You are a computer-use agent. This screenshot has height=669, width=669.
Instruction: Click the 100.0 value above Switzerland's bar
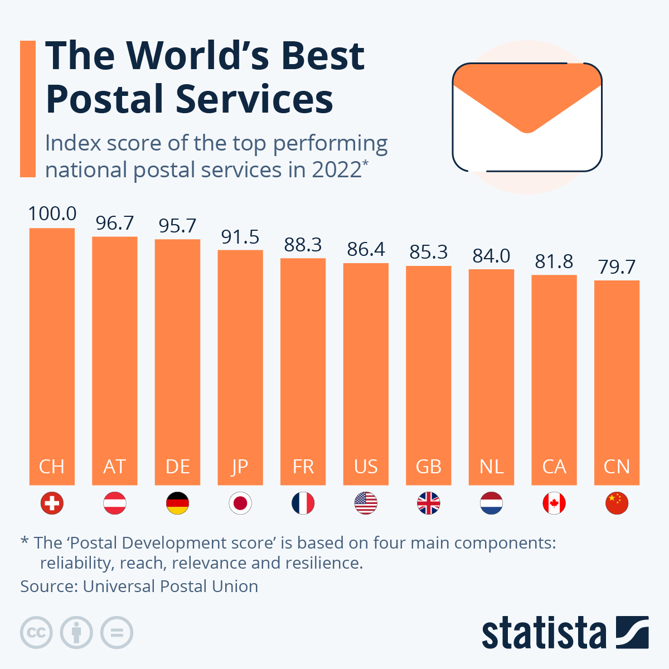[52, 214]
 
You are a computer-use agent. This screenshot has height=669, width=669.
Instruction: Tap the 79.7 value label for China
[617, 267]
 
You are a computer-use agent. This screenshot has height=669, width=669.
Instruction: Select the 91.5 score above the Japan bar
[240, 237]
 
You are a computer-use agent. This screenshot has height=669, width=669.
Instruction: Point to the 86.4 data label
[366, 249]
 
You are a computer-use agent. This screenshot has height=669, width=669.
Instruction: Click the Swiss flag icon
[52, 503]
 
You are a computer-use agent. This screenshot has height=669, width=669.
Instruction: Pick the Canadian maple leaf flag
[554, 503]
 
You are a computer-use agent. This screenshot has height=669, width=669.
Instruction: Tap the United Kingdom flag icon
[429, 503]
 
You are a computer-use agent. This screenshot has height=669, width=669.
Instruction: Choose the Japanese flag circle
[240, 503]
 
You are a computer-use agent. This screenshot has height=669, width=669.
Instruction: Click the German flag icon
[178, 503]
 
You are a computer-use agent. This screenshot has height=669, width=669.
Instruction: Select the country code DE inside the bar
[178, 466]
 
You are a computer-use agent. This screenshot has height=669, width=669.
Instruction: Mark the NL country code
[491, 466]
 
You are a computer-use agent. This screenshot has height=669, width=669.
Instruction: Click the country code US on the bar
[366, 466]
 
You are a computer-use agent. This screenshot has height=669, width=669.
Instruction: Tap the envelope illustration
[527, 117]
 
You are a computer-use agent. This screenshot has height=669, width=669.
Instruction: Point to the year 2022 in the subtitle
[337, 169]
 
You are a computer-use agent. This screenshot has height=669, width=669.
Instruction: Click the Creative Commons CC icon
[36, 633]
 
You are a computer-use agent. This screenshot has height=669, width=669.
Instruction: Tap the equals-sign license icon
[117, 633]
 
